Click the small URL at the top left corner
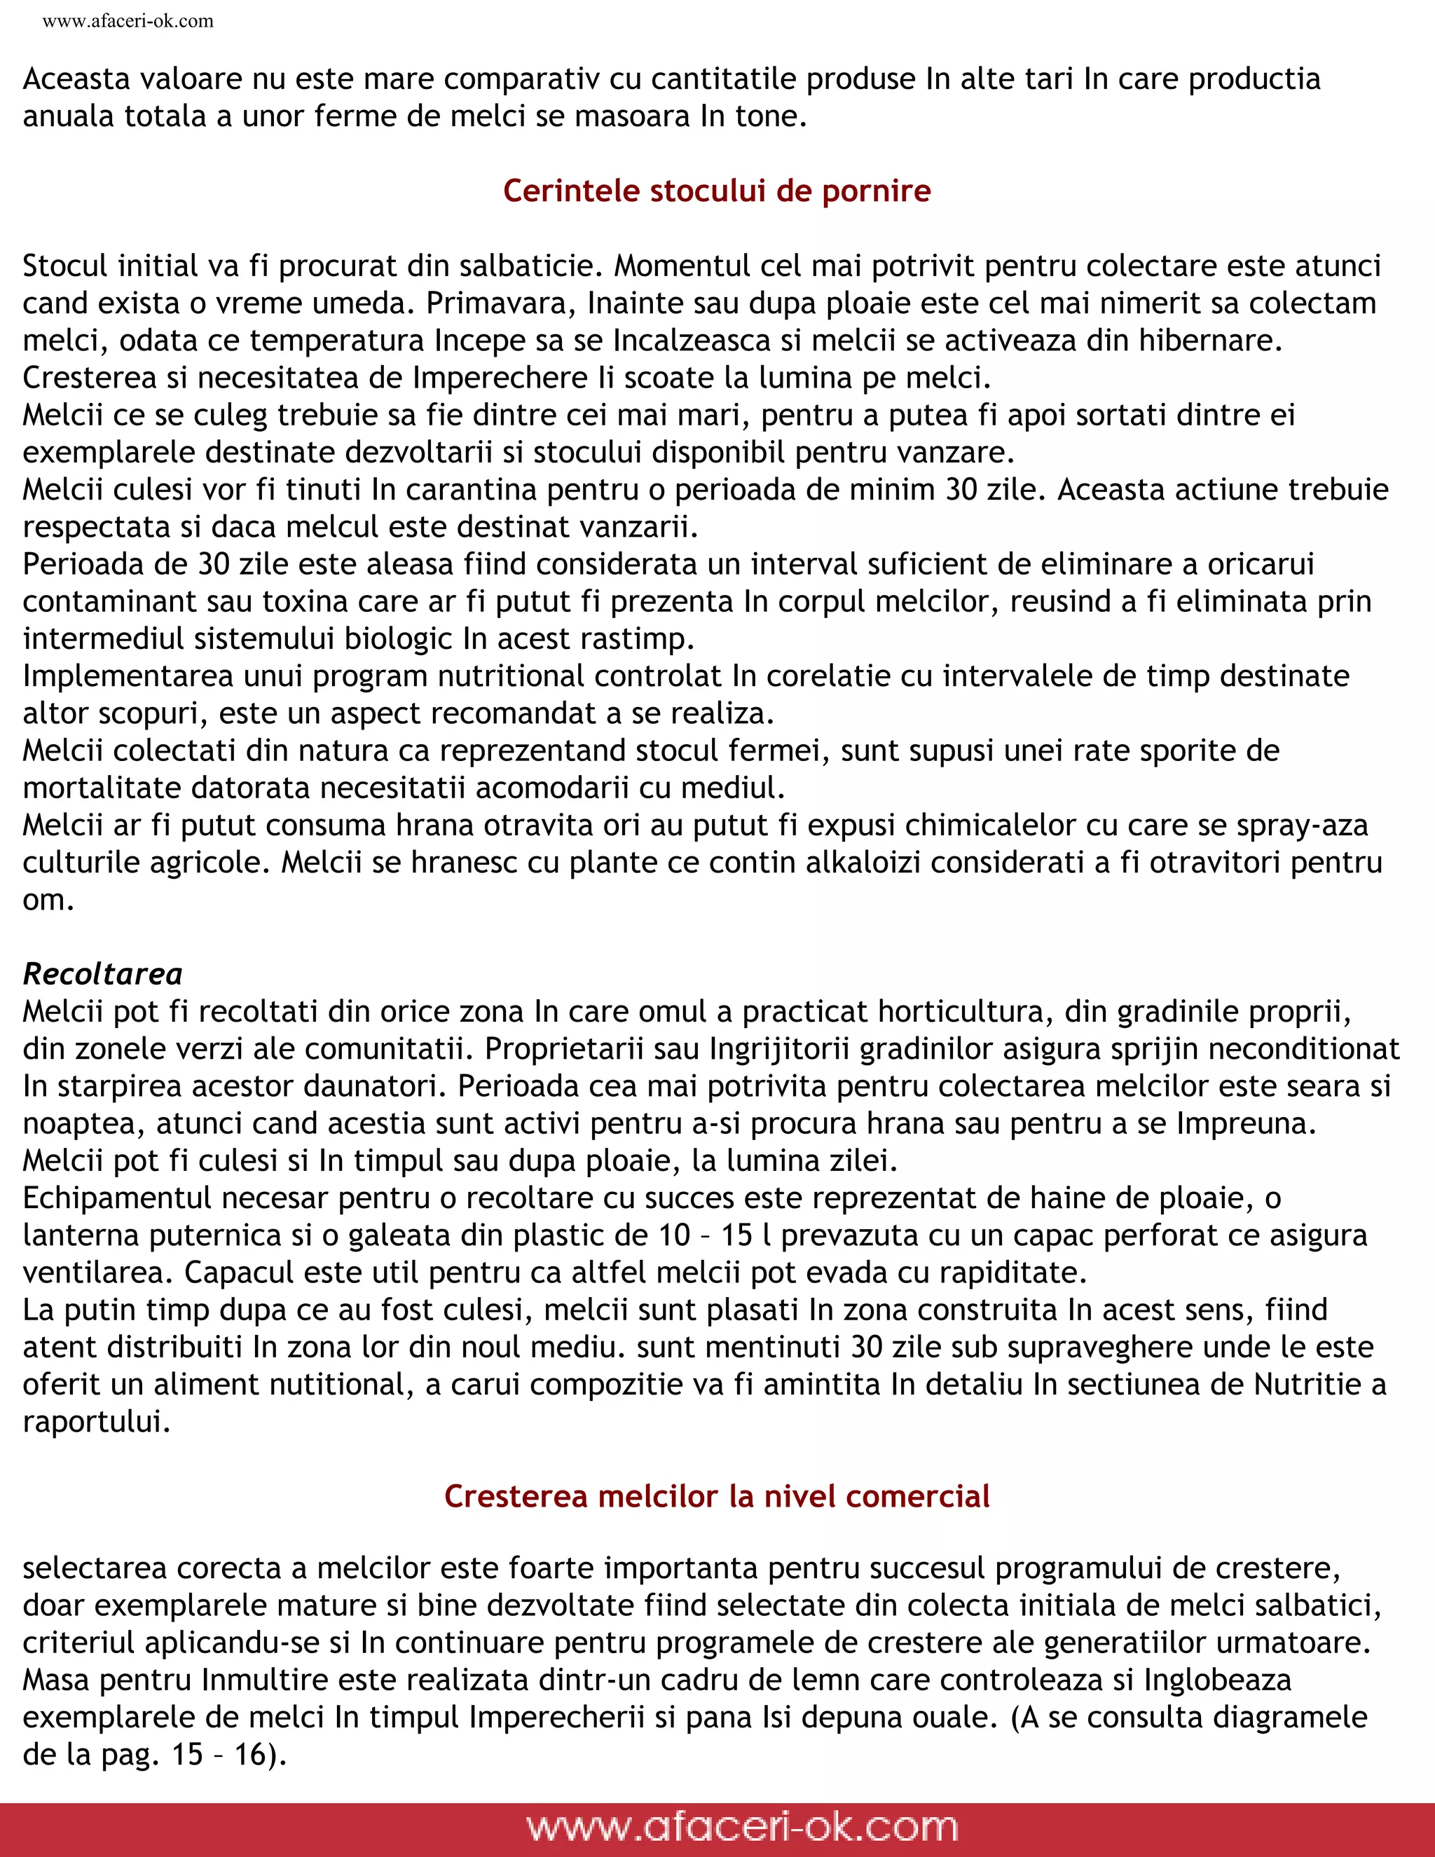click(128, 21)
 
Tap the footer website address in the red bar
click(741, 1826)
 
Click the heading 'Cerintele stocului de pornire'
click(717, 191)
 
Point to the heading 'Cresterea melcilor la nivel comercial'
click(717, 1495)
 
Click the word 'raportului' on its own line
click(95, 1422)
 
